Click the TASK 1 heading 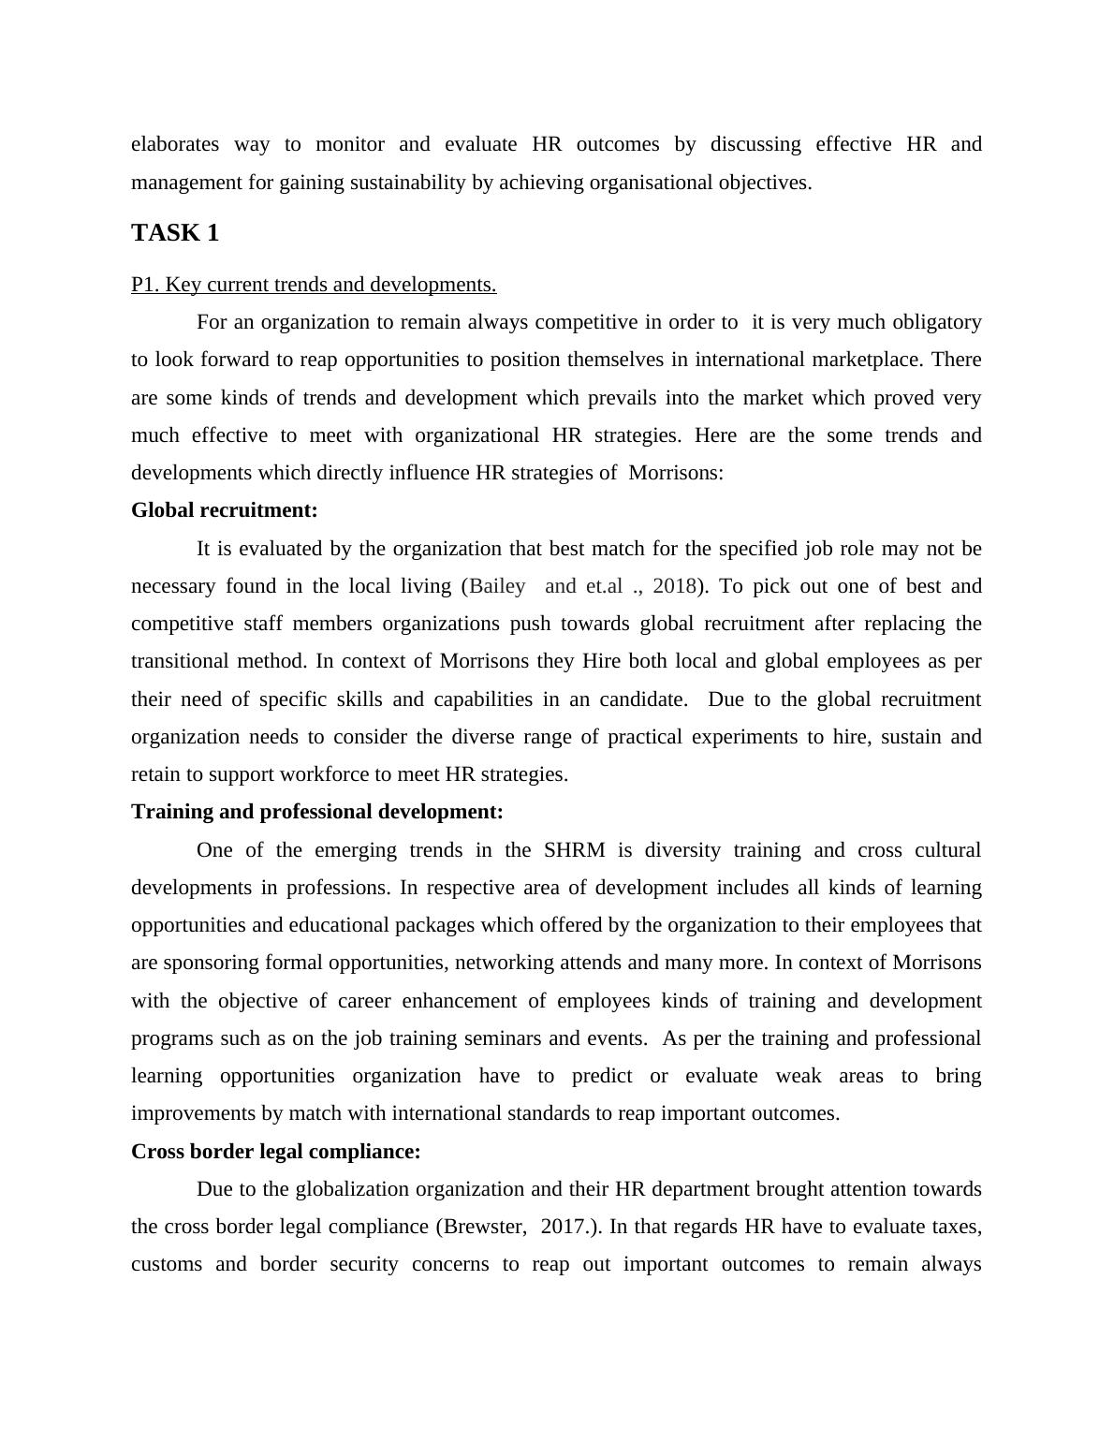175,233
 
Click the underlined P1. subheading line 314,285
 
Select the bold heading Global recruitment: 225,510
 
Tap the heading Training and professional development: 317,812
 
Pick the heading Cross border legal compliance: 276,1152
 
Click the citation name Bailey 497,586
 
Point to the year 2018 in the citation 674,586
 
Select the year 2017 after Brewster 564,1227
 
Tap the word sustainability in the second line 407,183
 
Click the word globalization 353,1189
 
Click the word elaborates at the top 175,144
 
